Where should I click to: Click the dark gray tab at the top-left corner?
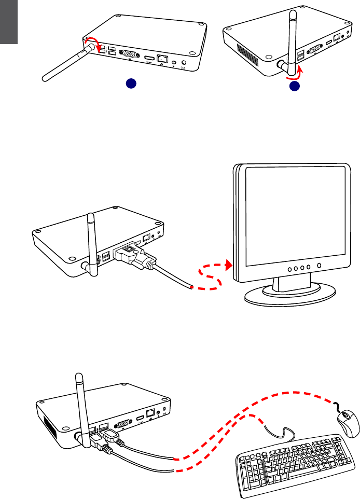pos(9,22)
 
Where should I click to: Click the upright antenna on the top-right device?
pos(292,36)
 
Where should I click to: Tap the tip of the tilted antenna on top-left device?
pos(45,80)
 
